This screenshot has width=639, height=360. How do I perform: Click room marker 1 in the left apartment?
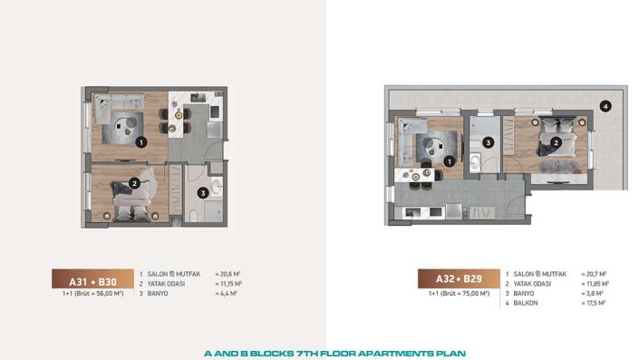click(x=140, y=141)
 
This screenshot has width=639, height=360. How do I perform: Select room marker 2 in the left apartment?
click(x=133, y=182)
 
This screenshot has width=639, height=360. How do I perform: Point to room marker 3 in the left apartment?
click(x=203, y=192)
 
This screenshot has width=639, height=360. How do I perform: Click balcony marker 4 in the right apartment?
click(x=605, y=105)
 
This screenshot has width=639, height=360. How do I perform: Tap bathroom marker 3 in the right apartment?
click(x=488, y=142)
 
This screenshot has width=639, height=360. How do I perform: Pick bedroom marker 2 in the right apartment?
click(x=557, y=141)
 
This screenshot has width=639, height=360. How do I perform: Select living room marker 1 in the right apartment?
click(x=449, y=161)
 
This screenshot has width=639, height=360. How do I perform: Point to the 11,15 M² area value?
click(x=228, y=283)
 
